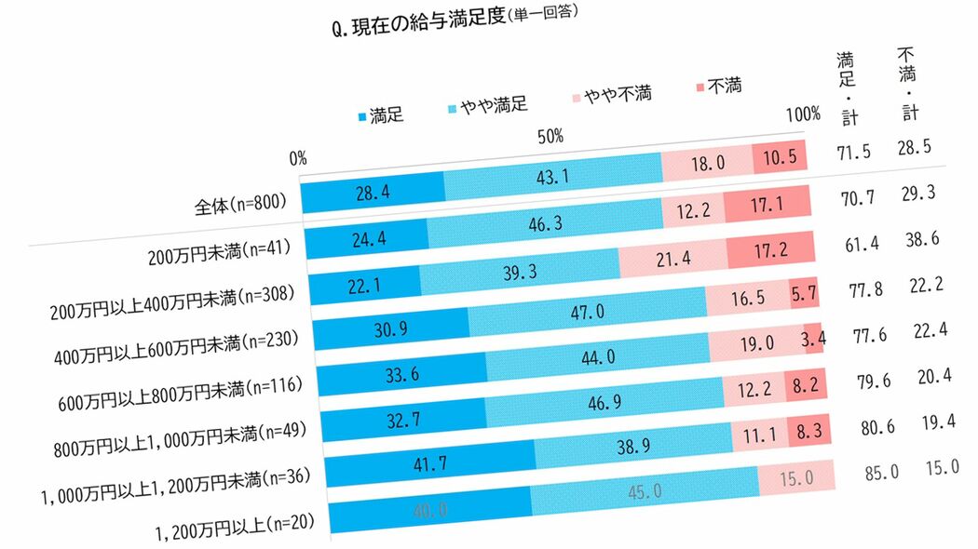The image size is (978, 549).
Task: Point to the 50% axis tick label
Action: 550,137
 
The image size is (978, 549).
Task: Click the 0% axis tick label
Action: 298,158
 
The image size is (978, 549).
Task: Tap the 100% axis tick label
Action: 802,114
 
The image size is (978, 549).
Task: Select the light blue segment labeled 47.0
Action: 587,309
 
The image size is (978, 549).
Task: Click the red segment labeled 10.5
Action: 779,157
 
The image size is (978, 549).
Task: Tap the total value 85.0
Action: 881,472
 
